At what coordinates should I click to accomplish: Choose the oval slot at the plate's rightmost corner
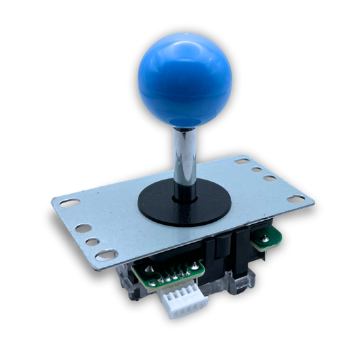point(295,199)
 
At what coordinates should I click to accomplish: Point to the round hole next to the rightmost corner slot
point(269,179)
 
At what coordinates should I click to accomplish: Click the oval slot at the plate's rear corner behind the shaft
point(242,161)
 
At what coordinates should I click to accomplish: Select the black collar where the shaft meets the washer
point(184,196)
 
